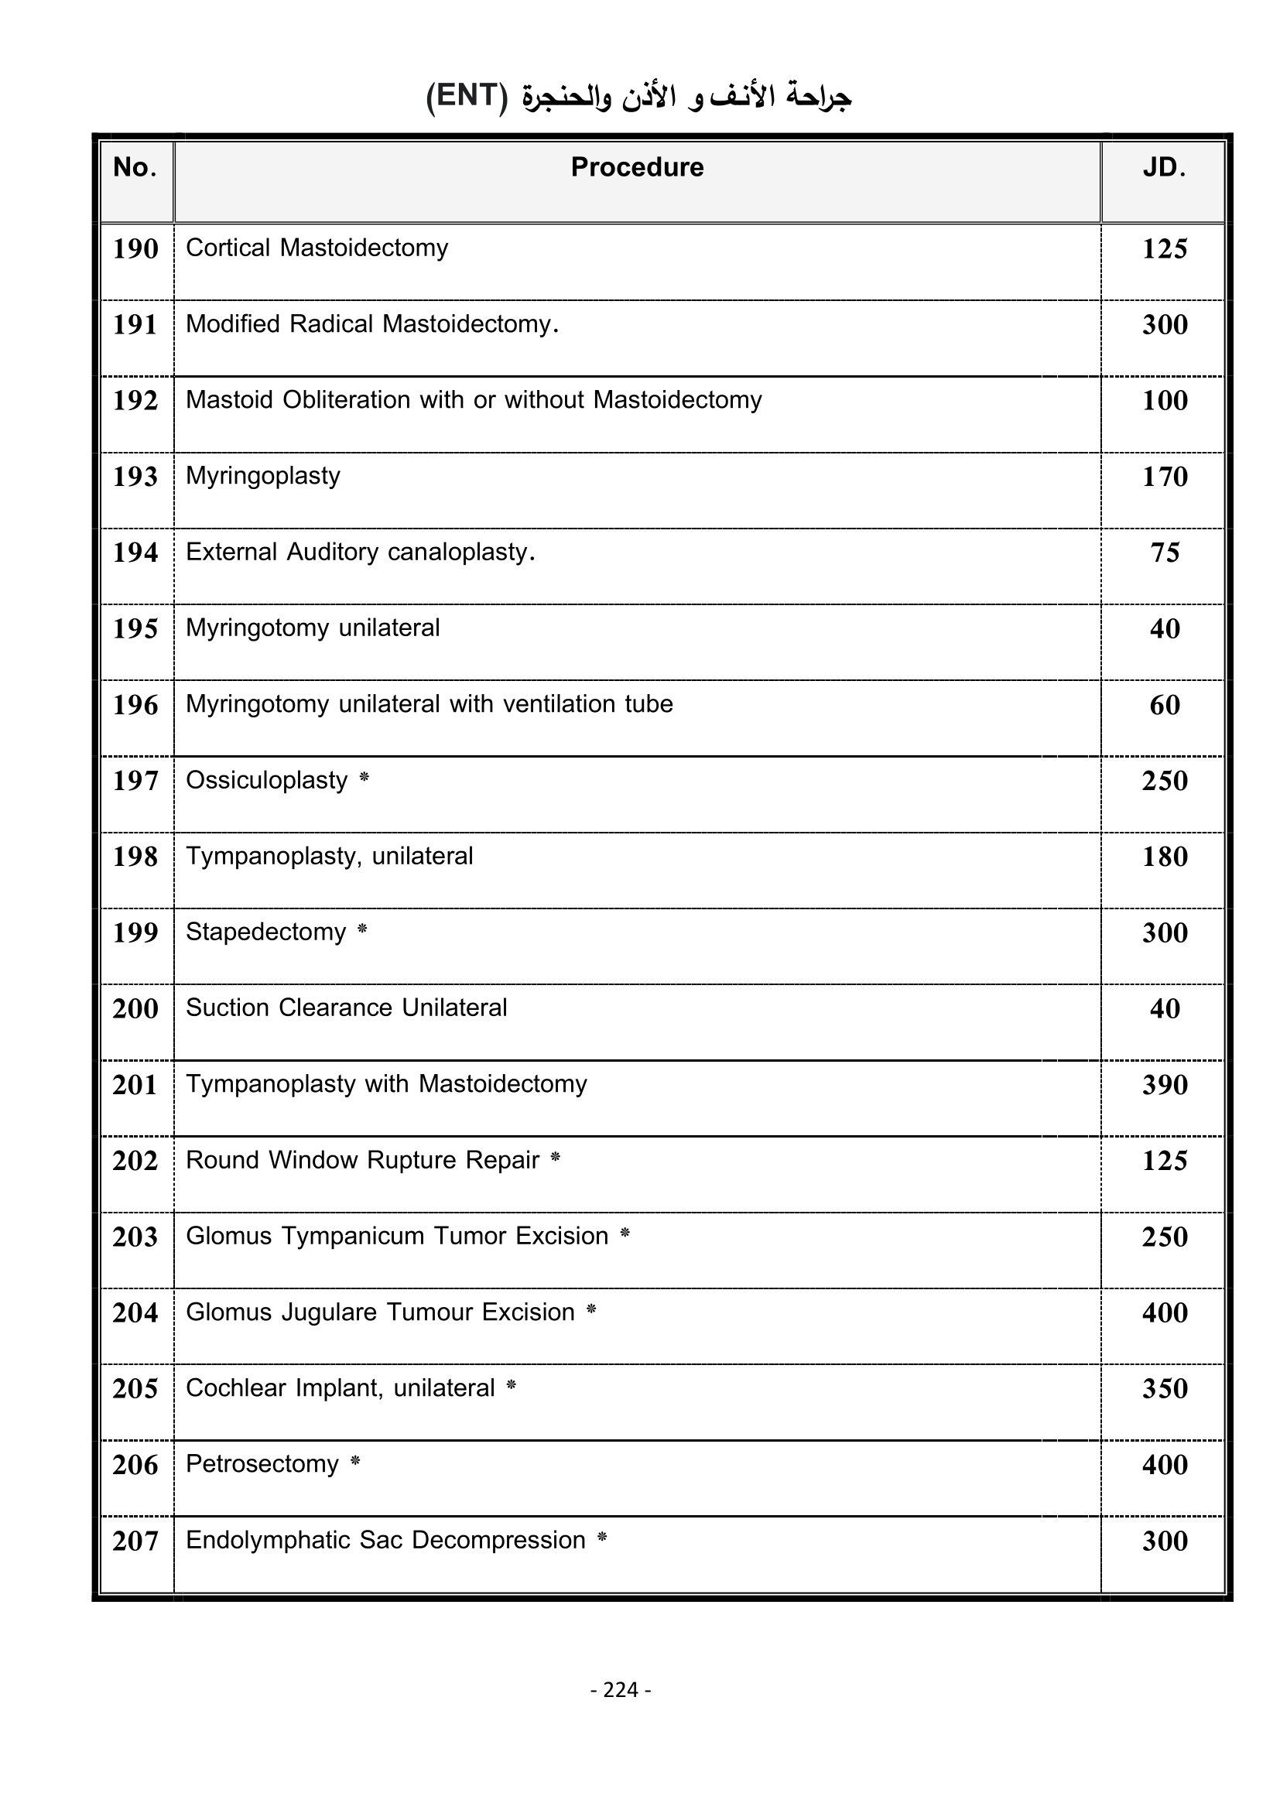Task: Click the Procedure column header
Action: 637,167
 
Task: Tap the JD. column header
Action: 1164,167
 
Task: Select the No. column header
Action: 135,167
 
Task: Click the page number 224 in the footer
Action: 621,1689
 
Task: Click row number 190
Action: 135,249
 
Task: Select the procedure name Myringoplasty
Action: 263,476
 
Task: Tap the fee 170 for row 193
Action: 1165,477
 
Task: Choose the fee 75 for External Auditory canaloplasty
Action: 1165,553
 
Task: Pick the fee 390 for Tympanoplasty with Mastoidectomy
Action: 1165,1085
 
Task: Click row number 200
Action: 135,1009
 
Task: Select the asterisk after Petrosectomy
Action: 355,1463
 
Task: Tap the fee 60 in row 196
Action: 1165,705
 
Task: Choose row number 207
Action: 135,1541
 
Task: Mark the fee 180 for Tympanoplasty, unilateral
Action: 1165,857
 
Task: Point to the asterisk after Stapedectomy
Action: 362,930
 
